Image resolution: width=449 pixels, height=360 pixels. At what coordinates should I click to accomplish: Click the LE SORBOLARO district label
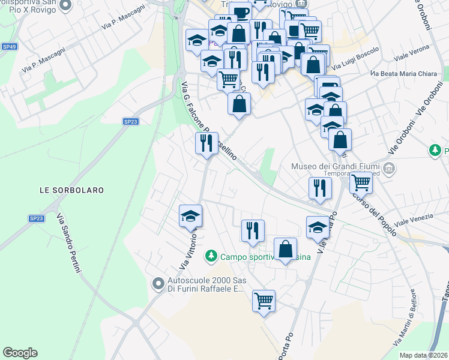coord(71,190)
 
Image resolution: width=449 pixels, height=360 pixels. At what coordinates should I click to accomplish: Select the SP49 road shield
coord(9,46)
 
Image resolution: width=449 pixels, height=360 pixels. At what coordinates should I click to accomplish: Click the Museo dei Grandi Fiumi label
coord(336,166)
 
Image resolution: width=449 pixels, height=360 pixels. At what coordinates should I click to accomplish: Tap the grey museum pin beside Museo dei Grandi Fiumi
coord(390,167)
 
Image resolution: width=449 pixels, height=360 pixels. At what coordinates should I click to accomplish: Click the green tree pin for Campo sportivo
coord(211,256)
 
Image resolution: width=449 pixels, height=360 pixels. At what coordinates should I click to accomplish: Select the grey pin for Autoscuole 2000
coord(158,282)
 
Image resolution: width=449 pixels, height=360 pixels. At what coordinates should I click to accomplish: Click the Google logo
coord(20,353)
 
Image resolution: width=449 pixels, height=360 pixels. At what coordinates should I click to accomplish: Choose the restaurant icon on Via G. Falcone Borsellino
coord(206,143)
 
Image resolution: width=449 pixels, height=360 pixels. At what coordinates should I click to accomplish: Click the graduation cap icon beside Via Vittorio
coord(191,215)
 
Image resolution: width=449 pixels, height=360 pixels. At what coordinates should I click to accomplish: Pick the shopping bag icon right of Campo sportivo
coord(285,248)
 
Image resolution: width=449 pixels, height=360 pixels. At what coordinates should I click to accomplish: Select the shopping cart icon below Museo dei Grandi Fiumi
coord(361,182)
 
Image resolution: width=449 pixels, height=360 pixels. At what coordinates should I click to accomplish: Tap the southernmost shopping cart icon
coord(264,300)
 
